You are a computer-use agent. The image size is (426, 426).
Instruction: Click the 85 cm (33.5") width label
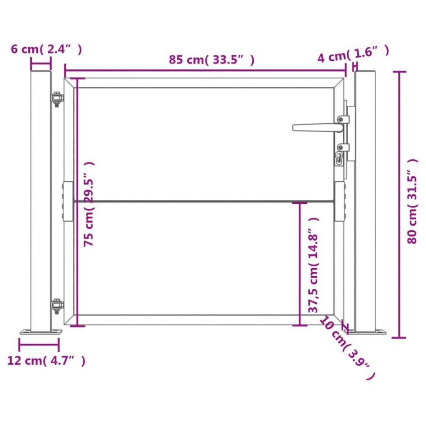tap(211, 59)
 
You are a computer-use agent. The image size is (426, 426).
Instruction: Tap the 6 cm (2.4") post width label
tap(46, 49)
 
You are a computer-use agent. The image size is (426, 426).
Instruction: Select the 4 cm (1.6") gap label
tap(353, 54)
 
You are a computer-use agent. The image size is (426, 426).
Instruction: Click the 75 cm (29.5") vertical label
tap(89, 204)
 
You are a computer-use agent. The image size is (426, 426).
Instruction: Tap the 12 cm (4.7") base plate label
tap(46, 361)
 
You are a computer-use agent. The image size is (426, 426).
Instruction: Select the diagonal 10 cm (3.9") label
tap(348, 348)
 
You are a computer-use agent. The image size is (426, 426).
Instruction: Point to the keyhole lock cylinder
tap(339, 158)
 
